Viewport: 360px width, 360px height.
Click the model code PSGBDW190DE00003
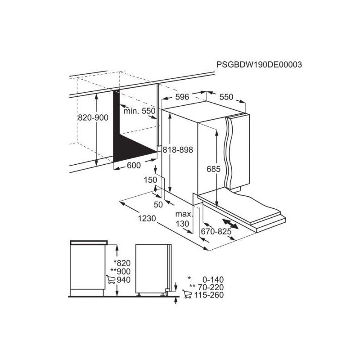[x=259, y=64]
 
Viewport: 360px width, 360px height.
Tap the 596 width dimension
[x=182, y=97]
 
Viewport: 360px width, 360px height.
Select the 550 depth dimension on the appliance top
[x=226, y=97]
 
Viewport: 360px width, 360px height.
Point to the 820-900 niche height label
[x=93, y=117]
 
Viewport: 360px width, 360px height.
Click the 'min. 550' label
[x=139, y=111]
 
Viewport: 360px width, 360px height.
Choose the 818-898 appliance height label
[x=178, y=150]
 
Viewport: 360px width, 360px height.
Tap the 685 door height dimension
[x=213, y=169]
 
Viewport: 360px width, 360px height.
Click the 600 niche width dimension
[x=134, y=165]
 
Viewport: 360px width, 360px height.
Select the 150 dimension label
[x=150, y=180]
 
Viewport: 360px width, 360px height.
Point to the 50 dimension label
[x=158, y=204]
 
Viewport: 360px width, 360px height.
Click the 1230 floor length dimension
[x=147, y=218]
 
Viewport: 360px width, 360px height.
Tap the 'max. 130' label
[x=183, y=219]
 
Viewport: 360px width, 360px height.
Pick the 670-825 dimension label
[x=216, y=231]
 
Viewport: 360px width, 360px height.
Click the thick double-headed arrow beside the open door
[x=230, y=224]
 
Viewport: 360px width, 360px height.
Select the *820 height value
[x=122, y=263]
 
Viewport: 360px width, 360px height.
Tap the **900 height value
[x=120, y=271]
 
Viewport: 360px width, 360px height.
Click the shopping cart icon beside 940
[x=110, y=279]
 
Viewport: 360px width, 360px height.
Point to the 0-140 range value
[x=213, y=279]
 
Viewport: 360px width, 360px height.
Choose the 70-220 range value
[x=211, y=287]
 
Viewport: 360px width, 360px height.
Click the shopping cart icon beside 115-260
[x=187, y=294]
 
